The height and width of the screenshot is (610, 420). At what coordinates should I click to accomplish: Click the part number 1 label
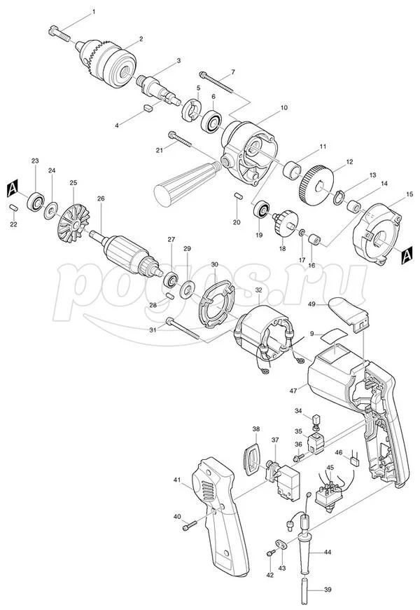pos(93,13)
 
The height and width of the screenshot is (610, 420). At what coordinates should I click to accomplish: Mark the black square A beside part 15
pos(407,257)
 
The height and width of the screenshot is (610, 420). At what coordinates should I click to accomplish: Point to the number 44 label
pos(326,552)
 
